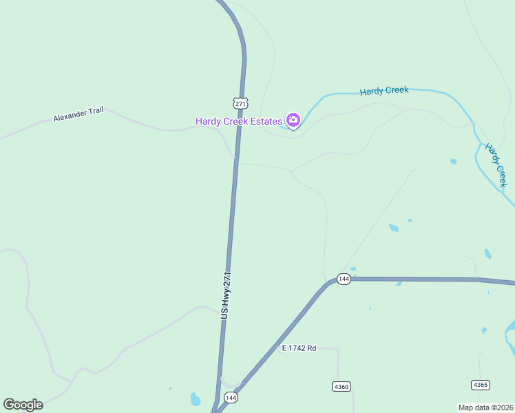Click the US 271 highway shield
[240, 103]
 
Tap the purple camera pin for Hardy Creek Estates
[293, 121]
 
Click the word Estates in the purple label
[265, 122]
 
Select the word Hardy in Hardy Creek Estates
[208, 122]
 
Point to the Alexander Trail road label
[78, 114]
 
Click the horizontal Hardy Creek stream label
[383, 90]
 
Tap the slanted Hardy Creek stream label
[496, 165]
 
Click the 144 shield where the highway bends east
[344, 279]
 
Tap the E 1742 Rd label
[299, 348]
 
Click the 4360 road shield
[341, 386]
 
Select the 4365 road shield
[481, 385]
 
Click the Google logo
[23, 405]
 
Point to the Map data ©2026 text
[485, 407]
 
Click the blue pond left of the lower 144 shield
[196, 399]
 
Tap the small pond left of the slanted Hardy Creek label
[453, 161]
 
